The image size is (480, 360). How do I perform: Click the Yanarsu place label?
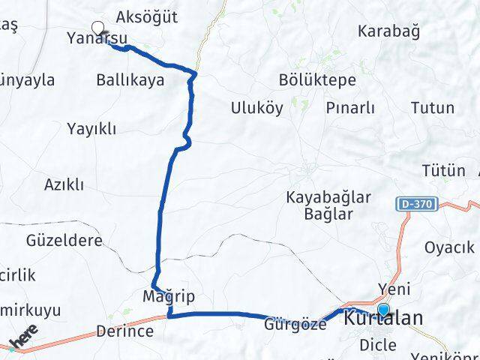(106, 38)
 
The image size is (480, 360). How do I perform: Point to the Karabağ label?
(388, 31)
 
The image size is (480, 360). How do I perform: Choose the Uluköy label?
(257, 108)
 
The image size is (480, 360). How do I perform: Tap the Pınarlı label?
(350, 108)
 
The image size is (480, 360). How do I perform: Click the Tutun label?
(433, 108)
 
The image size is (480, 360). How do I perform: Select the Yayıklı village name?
(91, 129)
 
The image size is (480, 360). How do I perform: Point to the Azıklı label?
(64, 184)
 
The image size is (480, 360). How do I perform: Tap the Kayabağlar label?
(329, 197)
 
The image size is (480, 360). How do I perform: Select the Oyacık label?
(449, 247)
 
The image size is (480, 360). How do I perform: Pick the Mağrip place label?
(169, 297)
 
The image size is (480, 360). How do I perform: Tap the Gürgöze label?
(295, 325)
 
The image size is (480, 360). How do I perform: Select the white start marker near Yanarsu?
(97, 28)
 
